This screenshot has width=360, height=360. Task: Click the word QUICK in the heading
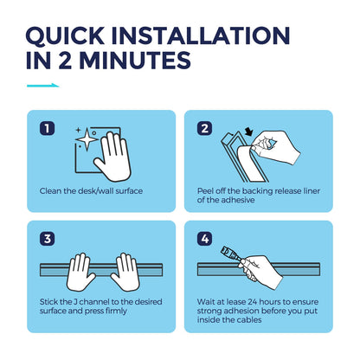tap(65, 35)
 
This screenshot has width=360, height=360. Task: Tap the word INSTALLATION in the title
tap(201, 35)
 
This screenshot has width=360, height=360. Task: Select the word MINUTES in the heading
tap(135, 61)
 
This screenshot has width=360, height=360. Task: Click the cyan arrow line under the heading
tap(43, 86)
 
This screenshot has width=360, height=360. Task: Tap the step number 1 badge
tap(47, 128)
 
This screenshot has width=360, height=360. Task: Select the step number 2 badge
tap(204, 128)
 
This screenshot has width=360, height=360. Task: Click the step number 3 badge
tap(47, 239)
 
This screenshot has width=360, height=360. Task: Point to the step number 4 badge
tap(204, 239)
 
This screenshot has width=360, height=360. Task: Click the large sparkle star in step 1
tap(87, 139)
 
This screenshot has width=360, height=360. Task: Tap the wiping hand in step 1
tap(113, 157)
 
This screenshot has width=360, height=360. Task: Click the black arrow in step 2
tap(248, 132)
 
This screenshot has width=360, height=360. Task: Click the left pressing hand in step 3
tap(80, 273)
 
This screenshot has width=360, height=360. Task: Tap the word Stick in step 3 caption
tap(49, 302)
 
